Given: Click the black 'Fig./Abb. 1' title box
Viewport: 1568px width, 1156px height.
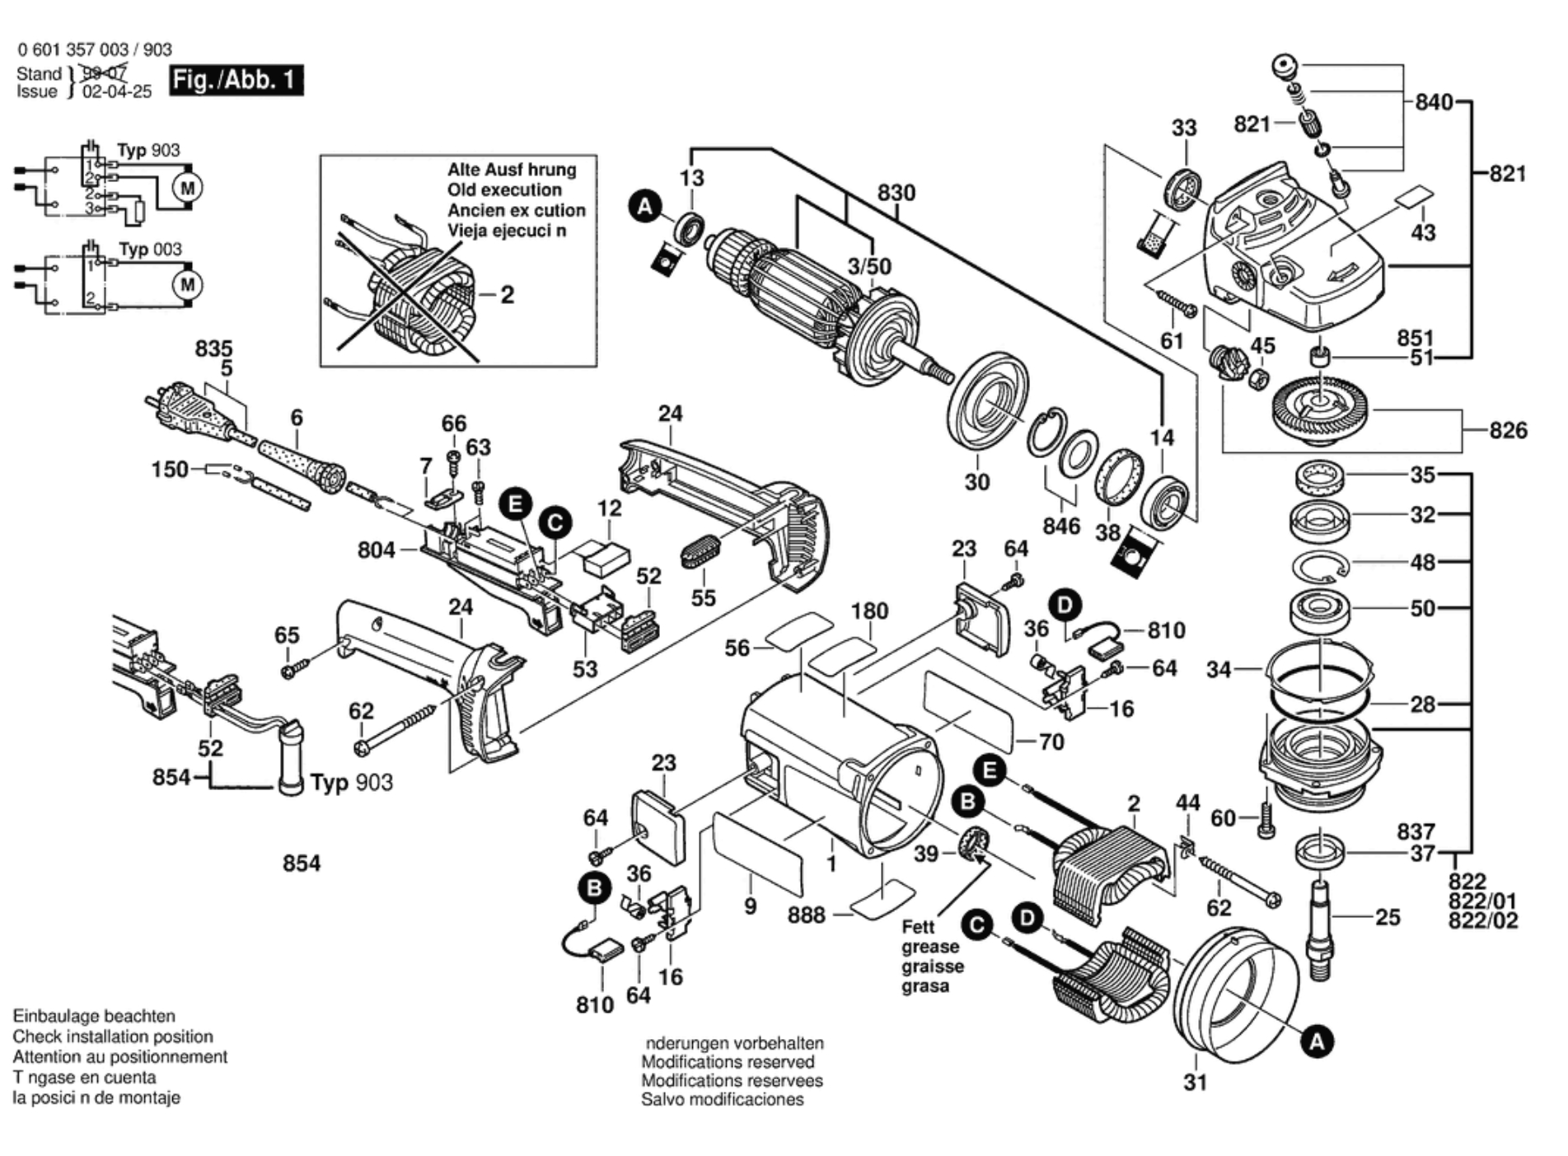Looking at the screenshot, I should (236, 80).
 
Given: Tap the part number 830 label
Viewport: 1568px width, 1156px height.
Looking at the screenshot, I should (896, 193).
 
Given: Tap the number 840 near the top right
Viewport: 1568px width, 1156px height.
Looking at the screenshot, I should (1434, 102).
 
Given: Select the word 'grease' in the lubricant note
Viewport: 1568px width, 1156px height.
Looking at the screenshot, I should (930, 947).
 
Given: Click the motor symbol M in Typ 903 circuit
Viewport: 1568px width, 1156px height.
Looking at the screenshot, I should (188, 188).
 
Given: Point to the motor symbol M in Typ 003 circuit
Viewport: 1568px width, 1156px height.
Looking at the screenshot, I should (188, 285).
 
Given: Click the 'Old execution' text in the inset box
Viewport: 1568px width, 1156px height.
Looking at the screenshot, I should (504, 190).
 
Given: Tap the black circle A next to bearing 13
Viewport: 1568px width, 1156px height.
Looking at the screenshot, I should (645, 206).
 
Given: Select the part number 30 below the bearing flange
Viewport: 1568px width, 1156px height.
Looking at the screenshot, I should (976, 482).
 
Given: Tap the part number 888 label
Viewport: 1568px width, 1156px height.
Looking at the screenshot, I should (806, 915).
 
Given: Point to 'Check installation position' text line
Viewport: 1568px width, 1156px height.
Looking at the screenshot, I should (113, 1037).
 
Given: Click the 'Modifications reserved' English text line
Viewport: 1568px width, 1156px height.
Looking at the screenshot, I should (728, 1062).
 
